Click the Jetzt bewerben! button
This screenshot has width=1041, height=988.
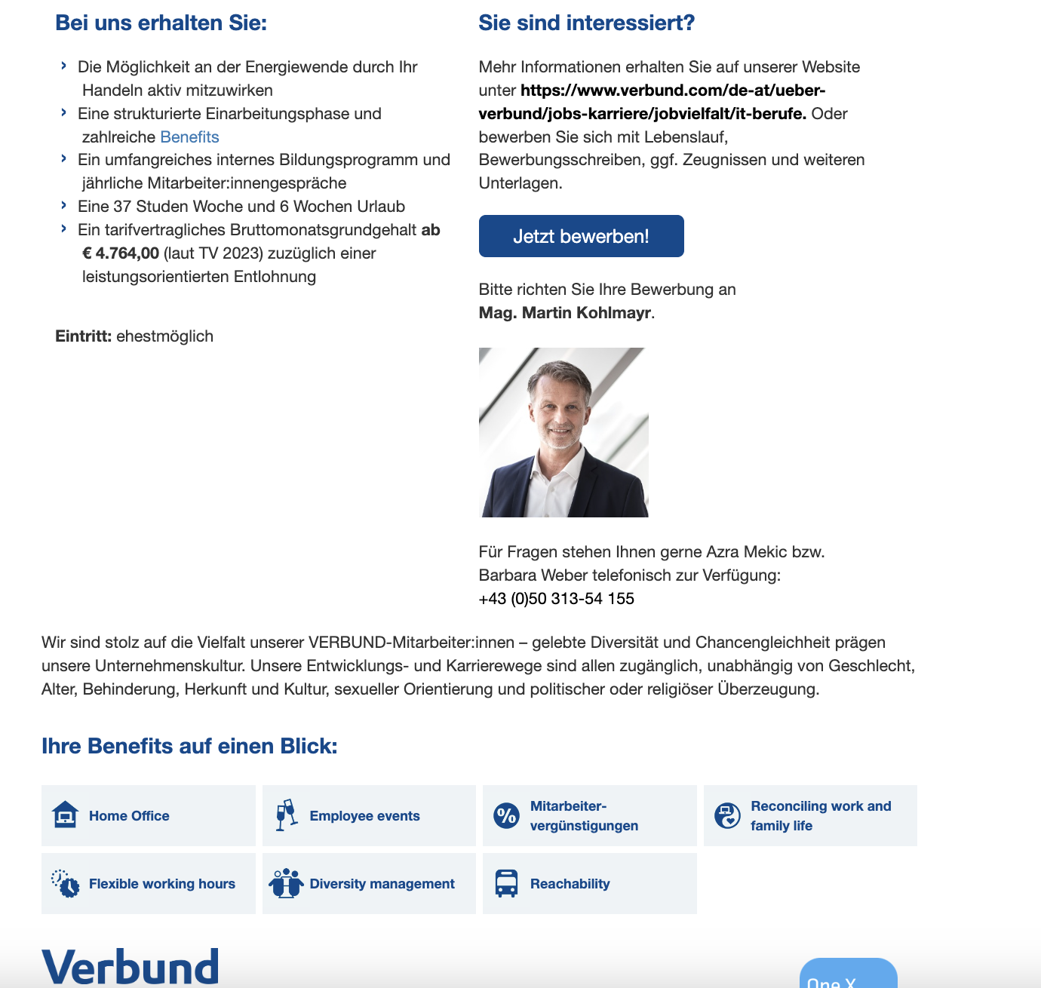[581, 236]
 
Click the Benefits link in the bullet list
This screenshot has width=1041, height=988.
[189, 137]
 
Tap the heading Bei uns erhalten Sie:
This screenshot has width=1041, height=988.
[161, 23]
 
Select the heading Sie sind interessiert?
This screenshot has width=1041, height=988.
[586, 23]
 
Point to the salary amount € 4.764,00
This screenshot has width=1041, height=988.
[121, 253]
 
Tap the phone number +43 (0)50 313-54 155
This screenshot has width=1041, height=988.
[556, 599]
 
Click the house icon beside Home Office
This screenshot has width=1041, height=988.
[66, 815]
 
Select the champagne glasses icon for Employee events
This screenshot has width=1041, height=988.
[286, 815]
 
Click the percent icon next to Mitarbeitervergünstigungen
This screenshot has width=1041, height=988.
[506, 815]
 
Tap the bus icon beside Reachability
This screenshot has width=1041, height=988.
[506, 883]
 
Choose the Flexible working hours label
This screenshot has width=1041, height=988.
[161, 884]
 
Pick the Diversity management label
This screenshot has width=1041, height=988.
[382, 884]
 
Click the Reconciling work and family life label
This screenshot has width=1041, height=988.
[821, 816]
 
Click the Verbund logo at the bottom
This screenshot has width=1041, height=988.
[130, 967]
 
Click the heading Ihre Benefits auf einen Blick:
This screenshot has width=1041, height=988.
[189, 746]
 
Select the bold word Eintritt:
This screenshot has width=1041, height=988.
[83, 336]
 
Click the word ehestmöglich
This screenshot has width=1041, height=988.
[164, 336]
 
